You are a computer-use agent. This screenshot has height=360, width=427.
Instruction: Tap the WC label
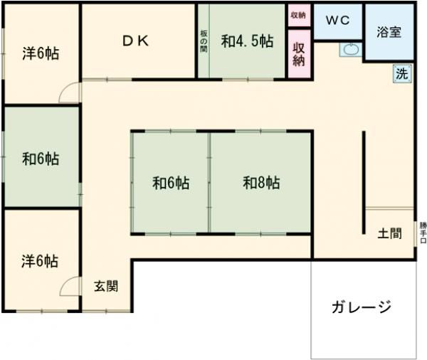coord(337,20)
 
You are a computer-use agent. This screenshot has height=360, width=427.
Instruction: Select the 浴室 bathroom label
coord(389,33)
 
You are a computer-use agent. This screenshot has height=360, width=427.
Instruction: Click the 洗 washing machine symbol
coord(402,72)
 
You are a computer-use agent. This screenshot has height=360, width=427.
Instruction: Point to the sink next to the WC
coord(351,50)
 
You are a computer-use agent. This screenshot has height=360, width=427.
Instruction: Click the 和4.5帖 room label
coord(246,41)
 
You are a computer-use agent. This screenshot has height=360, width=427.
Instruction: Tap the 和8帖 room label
coord(261,183)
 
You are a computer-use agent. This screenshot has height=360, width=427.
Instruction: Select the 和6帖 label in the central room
coord(171,183)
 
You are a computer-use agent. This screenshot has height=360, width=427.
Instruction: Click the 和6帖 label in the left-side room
coord(40,158)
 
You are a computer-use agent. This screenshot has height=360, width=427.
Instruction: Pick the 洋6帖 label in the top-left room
coord(40,53)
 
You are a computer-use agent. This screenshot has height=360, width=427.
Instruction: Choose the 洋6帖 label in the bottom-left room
coord(40,261)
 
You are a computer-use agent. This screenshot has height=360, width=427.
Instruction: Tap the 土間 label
coord(389,232)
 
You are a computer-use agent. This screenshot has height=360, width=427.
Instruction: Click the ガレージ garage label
coord(362,307)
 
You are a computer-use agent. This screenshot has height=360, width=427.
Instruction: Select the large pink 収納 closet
coord(299,53)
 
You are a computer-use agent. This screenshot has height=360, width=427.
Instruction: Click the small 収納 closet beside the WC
coord(298,14)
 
